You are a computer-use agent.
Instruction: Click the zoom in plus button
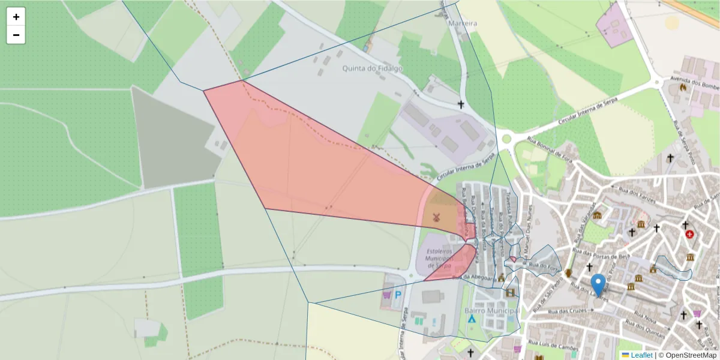[16, 17]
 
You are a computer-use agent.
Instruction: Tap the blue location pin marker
[598, 285]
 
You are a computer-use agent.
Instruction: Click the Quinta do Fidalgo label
[372, 68]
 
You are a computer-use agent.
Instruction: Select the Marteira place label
[463, 23]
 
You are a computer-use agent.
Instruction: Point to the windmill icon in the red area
[436, 217]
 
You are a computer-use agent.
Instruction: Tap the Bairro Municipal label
[491, 311]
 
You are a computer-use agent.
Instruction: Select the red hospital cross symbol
[690, 234]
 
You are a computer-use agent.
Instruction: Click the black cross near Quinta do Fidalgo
[461, 104]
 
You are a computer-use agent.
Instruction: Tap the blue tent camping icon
[472, 319]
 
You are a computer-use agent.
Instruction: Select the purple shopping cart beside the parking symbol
[386, 295]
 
